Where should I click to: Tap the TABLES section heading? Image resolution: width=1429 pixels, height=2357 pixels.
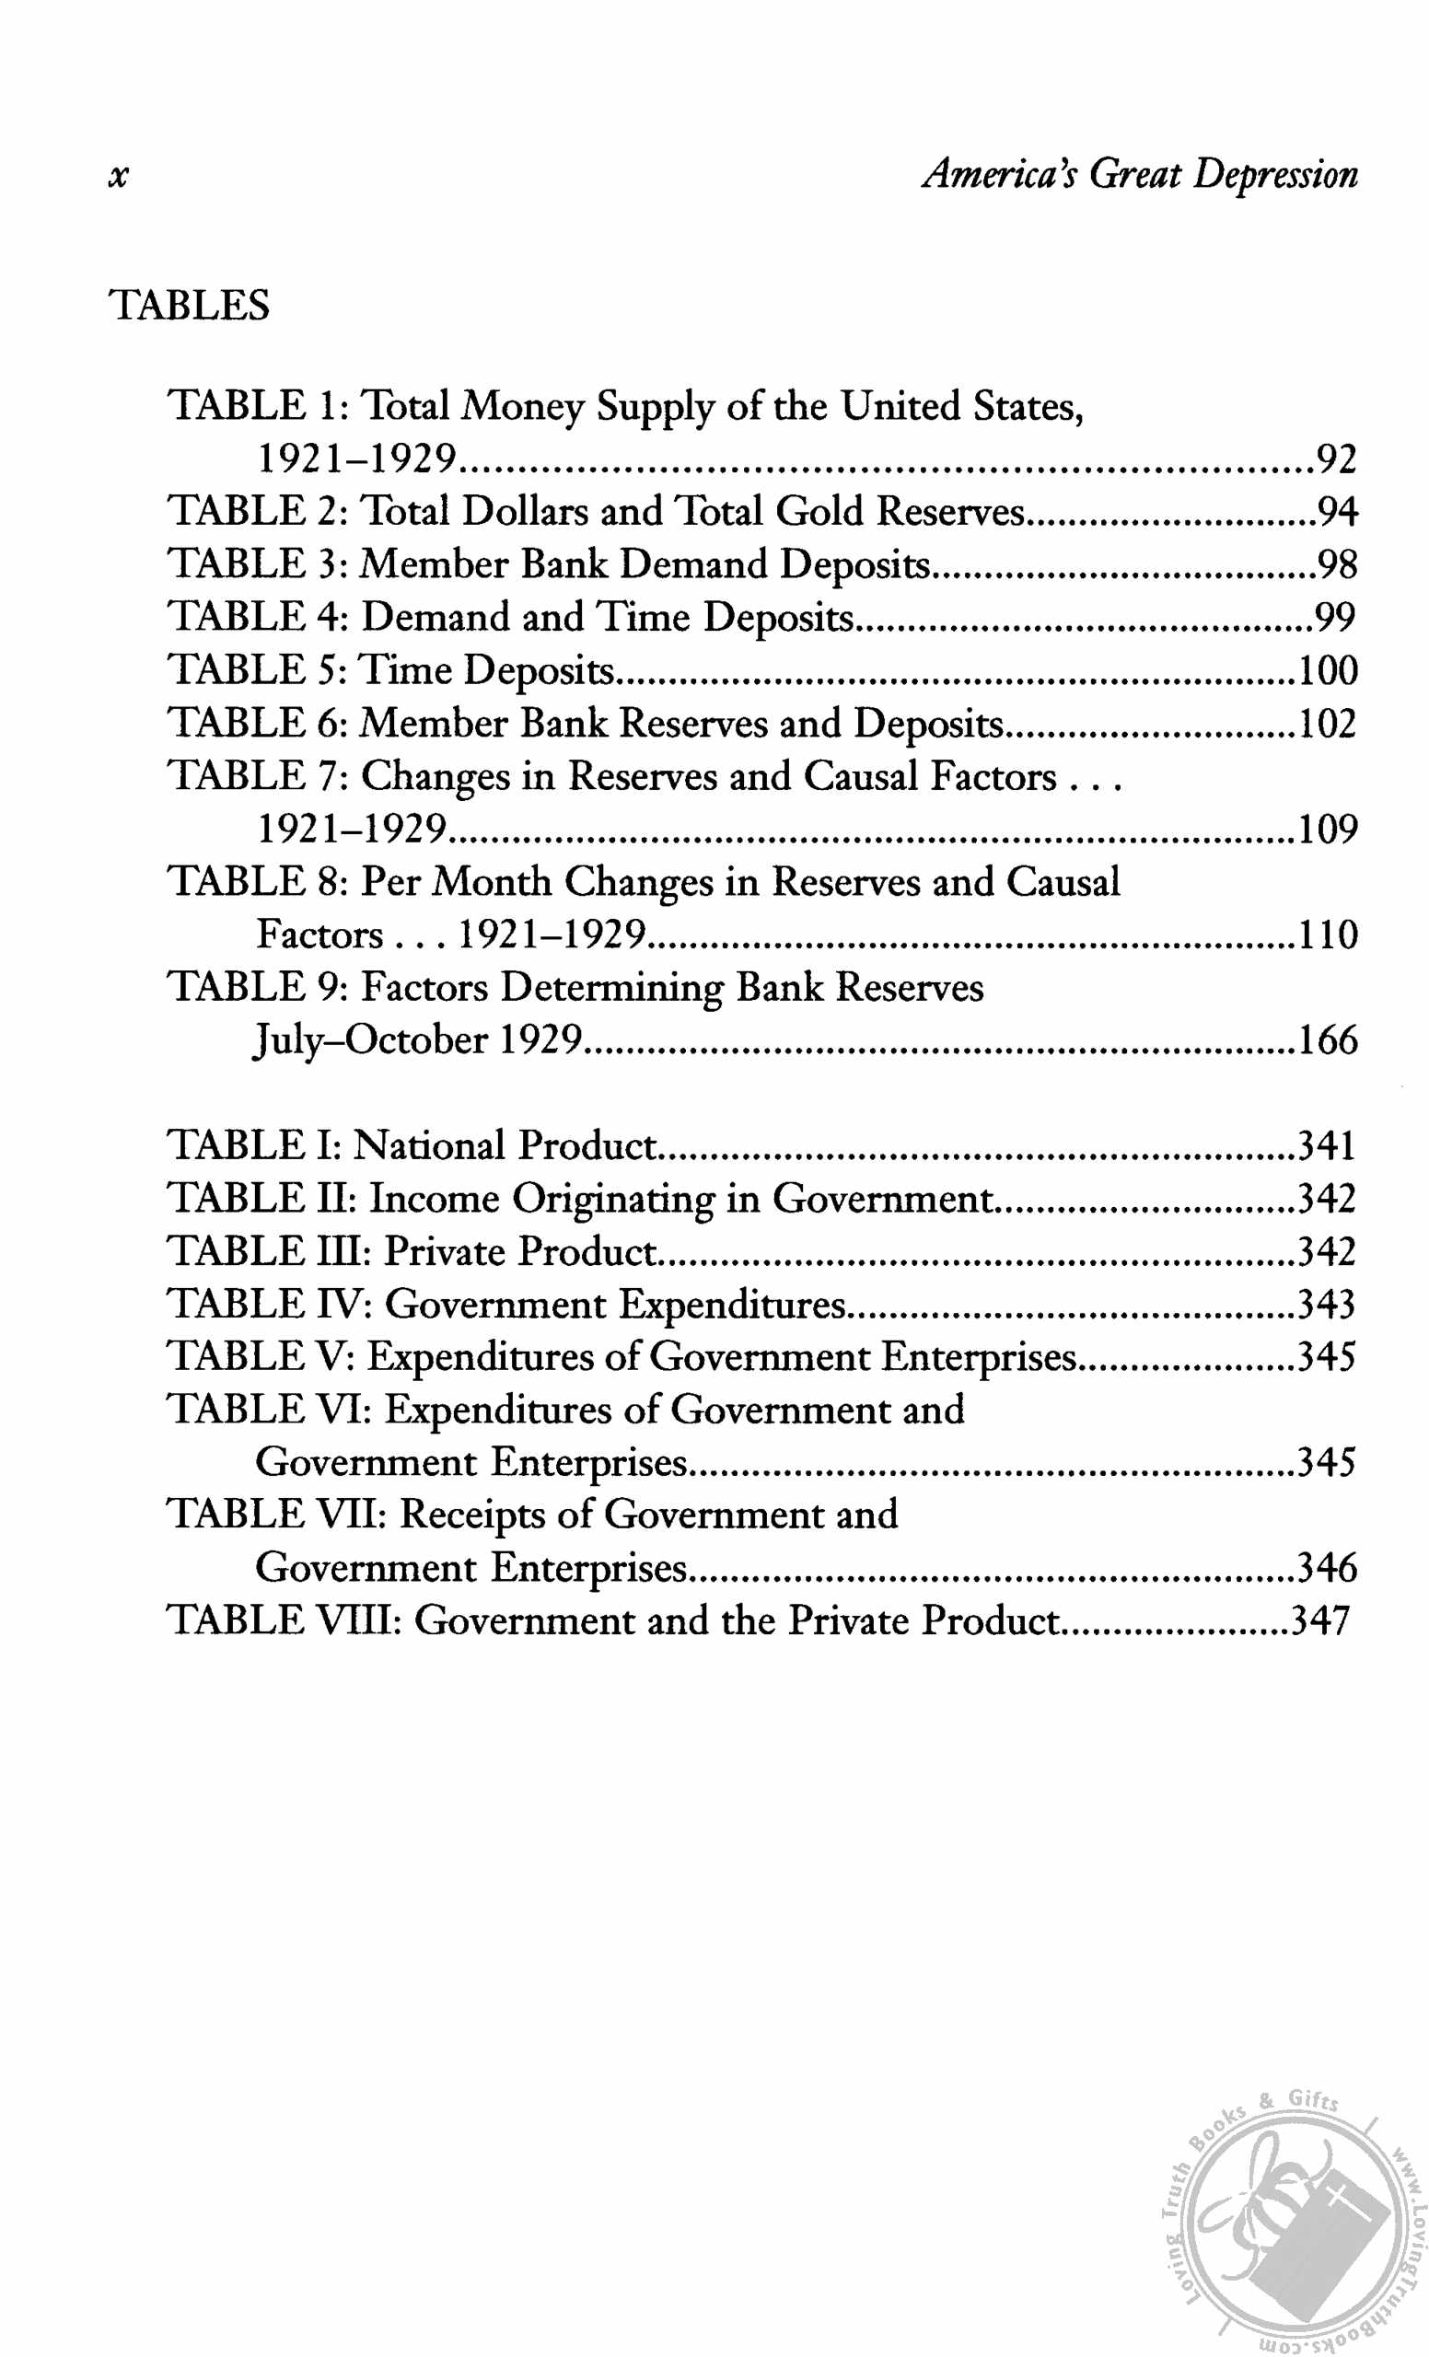click(191, 306)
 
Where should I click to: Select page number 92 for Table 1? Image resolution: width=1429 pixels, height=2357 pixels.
click(1336, 460)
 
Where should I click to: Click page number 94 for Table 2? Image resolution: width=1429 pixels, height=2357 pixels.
click(1336, 513)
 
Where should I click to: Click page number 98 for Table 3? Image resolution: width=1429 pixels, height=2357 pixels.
click(1336, 565)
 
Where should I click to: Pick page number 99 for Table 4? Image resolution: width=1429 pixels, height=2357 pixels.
click(1336, 618)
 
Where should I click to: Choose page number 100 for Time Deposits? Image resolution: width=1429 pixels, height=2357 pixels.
click(1327, 670)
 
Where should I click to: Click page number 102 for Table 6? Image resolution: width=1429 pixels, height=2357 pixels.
click(1327, 724)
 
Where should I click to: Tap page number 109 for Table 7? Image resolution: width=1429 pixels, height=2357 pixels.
click(1327, 830)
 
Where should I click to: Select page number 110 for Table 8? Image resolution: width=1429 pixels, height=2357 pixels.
click(1327, 935)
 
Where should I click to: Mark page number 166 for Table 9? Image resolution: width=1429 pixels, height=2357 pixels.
click(1327, 1040)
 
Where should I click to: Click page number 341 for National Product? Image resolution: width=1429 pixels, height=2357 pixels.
click(1326, 1146)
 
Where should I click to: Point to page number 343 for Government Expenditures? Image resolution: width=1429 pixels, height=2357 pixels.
click(1326, 1305)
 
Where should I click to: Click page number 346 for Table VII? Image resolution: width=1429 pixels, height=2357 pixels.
click(1326, 1568)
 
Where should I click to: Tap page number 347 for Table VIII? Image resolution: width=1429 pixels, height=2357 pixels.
click(1320, 1621)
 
